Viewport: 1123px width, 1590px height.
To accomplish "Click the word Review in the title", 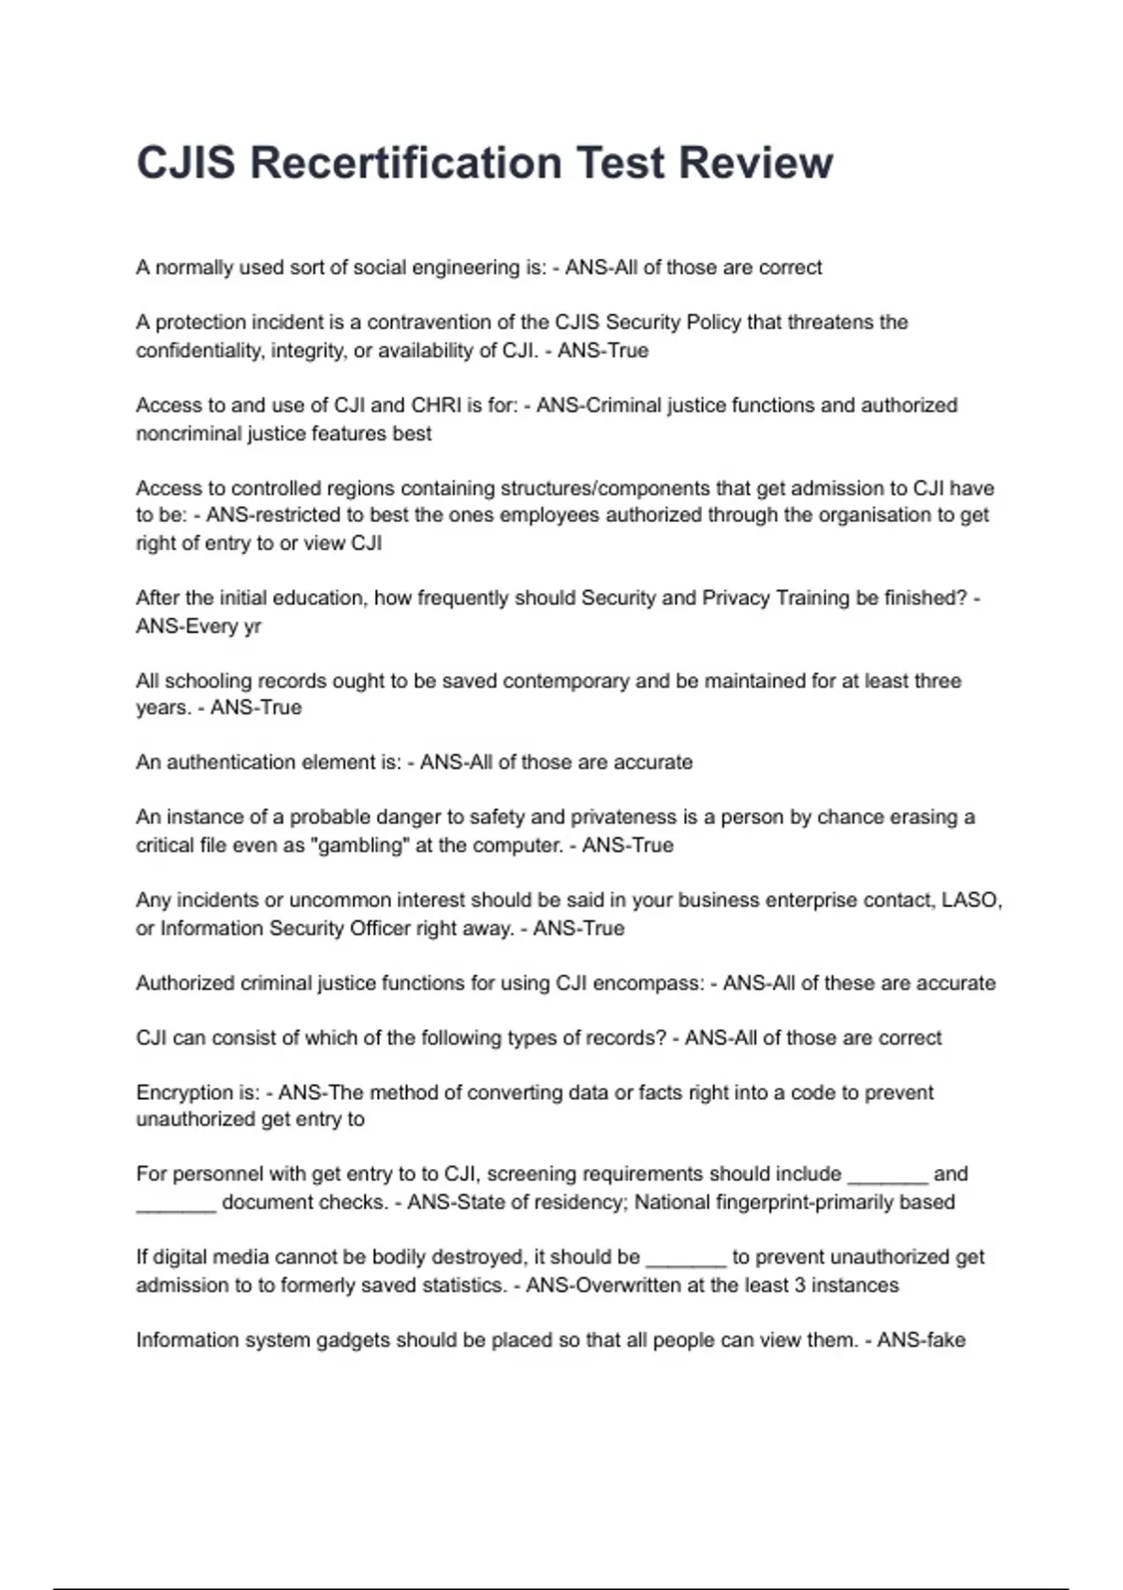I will point(755,163).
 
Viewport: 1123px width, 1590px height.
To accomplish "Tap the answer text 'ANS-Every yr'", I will point(198,627).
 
